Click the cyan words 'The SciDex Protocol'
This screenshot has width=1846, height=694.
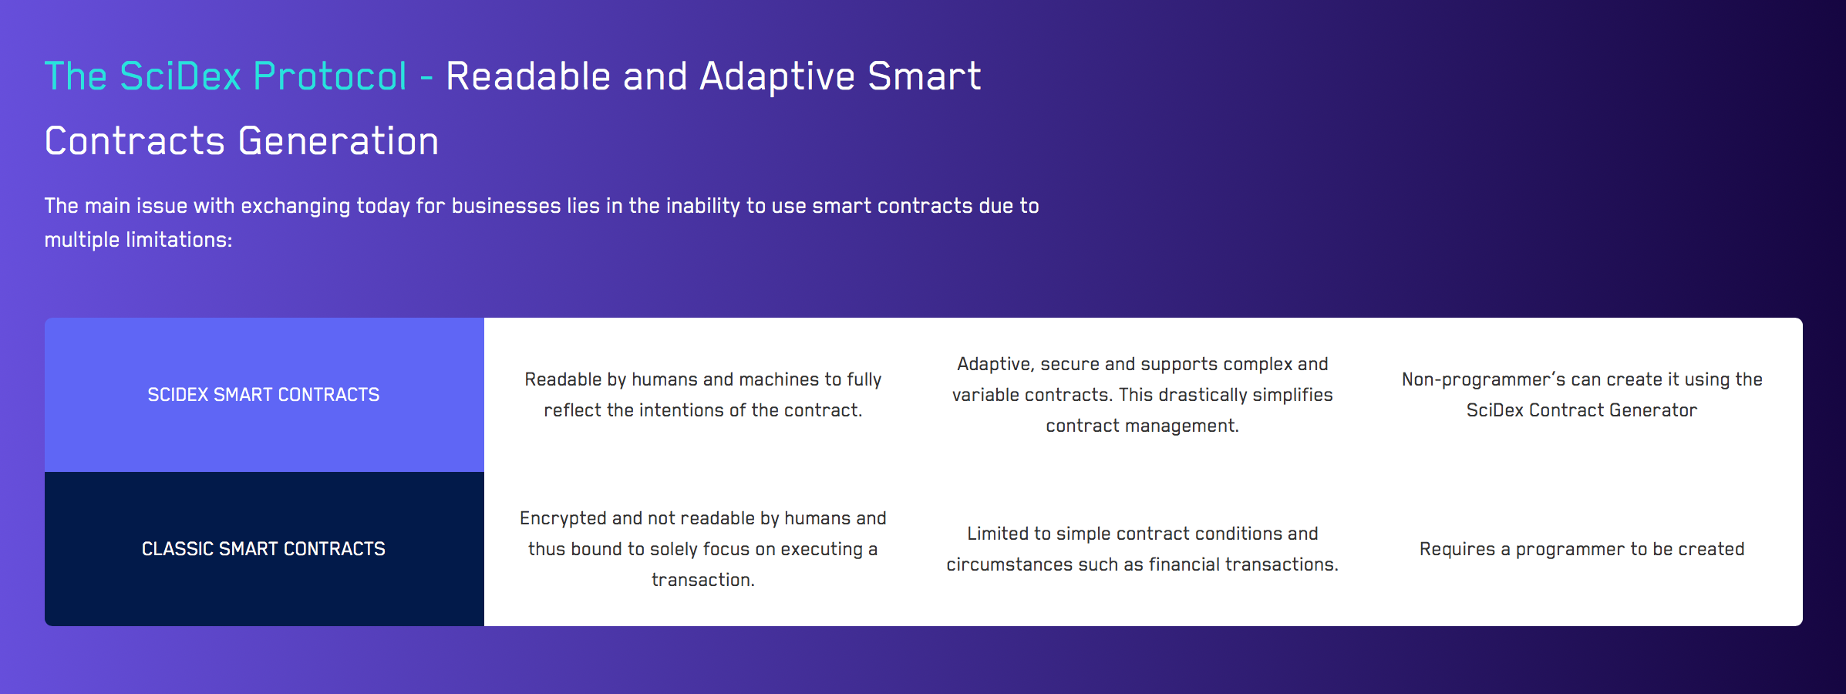click(226, 76)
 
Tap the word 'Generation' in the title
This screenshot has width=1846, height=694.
click(339, 141)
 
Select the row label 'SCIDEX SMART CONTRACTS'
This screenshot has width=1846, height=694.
click(264, 395)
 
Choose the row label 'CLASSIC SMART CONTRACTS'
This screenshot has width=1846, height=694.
click(264, 549)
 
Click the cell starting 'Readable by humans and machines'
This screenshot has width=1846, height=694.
click(703, 395)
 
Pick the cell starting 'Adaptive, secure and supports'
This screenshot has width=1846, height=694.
click(1143, 395)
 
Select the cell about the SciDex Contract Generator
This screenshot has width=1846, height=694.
click(1582, 395)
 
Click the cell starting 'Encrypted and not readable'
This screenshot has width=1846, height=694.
click(703, 549)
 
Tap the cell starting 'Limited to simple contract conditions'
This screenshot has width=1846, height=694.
click(1143, 549)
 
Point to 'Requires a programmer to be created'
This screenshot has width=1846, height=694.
click(1582, 549)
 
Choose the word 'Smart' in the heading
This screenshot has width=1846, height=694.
click(924, 76)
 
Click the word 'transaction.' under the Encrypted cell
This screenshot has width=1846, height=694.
click(703, 580)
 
